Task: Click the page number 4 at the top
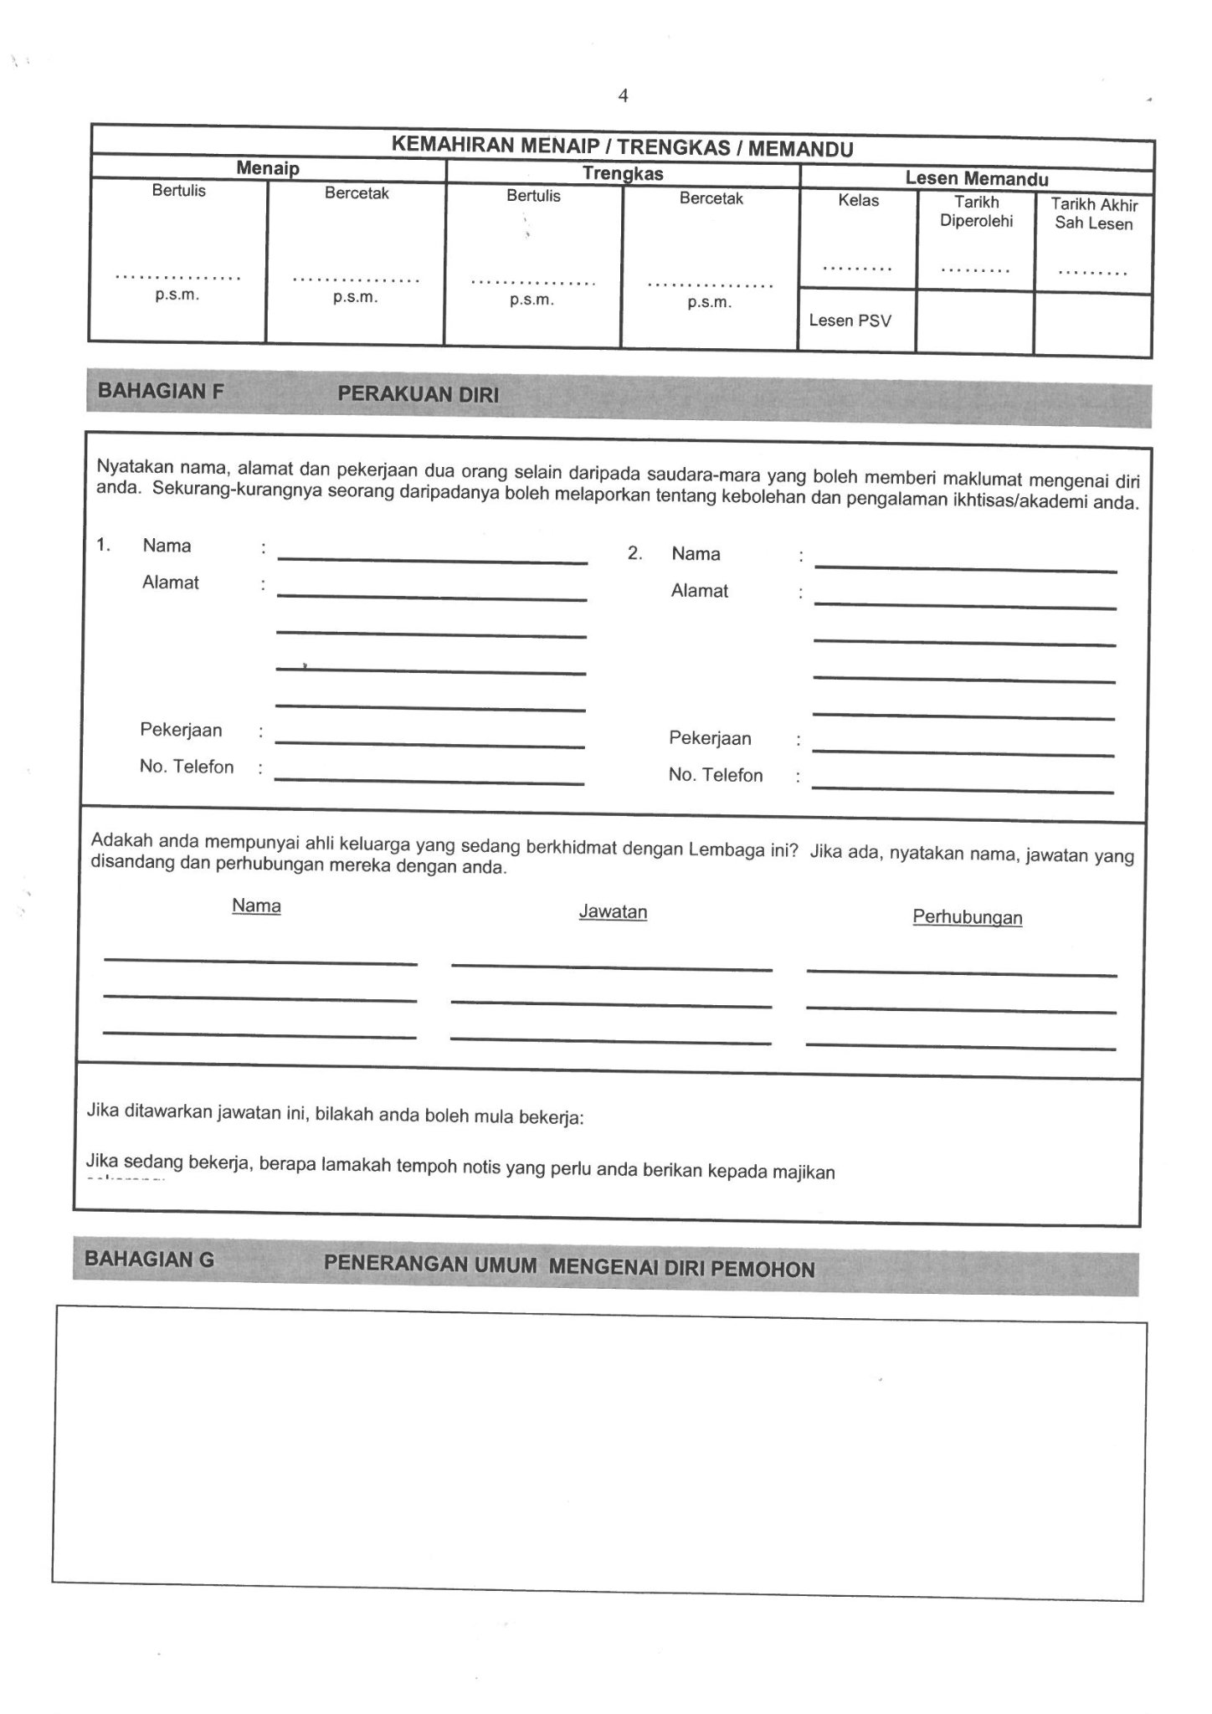(623, 96)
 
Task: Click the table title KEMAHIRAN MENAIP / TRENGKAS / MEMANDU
(622, 148)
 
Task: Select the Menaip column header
(267, 168)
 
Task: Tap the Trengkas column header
(623, 174)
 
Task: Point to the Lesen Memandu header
(976, 178)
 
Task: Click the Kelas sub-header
(858, 201)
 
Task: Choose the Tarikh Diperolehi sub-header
(976, 212)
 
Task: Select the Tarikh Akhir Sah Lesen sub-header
(1094, 214)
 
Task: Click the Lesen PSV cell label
(850, 321)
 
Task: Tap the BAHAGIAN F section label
(161, 391)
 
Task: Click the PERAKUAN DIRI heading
(418, 395)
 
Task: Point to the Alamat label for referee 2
(699, 591)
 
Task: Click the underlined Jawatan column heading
(613, 912)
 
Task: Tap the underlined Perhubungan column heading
(967, 917)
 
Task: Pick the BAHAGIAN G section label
(150, 1259)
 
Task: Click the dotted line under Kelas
(857, 269)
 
